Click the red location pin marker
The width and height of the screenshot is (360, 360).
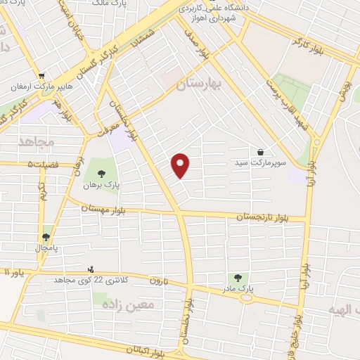[181, 165]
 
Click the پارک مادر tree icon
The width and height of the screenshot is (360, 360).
[237, 278]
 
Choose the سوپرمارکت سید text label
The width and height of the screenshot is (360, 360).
[261, 162]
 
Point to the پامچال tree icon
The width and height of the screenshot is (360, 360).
[46, 238]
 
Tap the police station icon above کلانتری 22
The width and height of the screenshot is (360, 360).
[90, 268]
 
